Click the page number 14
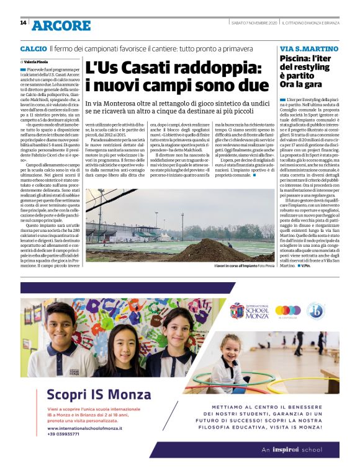[22, 23]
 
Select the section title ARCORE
[61, 25]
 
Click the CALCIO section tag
[33, 48]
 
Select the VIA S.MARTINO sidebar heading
[309, 48]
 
